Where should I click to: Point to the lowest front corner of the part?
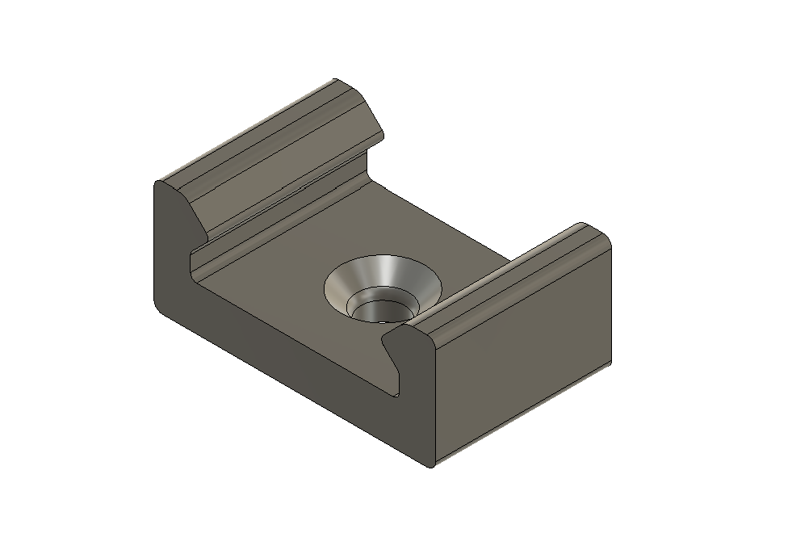coord(430,466)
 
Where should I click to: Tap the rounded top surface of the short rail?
coord(517,275)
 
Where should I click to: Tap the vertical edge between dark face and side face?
coord(433,404)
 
